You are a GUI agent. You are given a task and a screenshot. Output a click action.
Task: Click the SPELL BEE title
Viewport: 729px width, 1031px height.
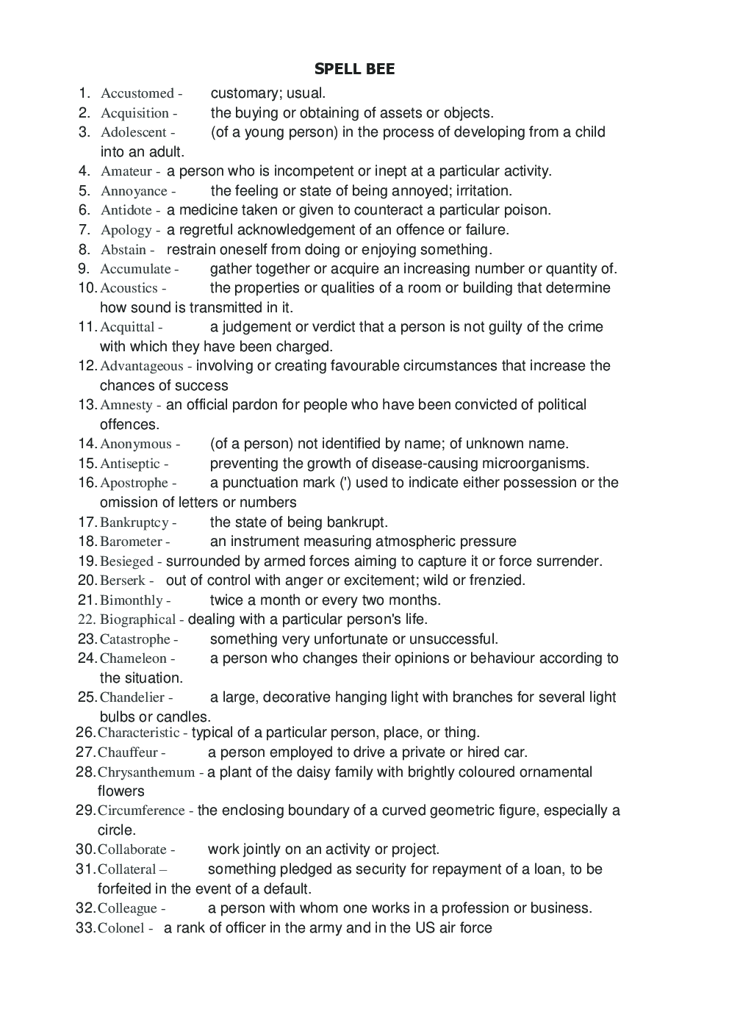pos(354,69)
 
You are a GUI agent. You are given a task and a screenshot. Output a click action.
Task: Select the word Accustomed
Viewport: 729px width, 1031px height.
pos(137,93)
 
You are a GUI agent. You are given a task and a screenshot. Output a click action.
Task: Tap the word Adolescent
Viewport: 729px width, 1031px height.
pos(133,132)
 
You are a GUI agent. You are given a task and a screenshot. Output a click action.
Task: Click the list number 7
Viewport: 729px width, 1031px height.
pos(84,229)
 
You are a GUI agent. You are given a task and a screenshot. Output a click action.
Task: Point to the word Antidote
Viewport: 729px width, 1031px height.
pos(126,210)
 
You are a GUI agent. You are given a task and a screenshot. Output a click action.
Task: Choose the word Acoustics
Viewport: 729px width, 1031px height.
pos(129,288)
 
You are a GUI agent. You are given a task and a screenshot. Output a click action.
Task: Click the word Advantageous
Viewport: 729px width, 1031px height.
pos(141,366)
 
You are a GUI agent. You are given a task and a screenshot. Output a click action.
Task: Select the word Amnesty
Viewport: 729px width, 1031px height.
pos(126,405)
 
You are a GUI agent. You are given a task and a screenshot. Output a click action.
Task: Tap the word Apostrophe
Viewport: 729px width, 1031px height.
pos(134,483)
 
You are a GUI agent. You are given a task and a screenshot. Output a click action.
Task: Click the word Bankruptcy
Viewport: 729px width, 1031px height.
pos(134,522)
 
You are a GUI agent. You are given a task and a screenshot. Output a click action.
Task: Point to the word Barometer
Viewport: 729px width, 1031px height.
pos(130,542)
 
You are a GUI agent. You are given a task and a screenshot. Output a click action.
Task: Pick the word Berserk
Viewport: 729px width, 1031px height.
pos(122,581)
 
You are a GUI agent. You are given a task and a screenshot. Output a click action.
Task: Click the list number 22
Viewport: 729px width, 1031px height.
pos(87,619)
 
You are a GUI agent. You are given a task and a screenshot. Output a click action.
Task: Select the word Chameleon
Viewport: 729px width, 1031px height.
pos(133,658)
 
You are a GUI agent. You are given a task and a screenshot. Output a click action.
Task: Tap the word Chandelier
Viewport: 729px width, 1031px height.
pos(132,697)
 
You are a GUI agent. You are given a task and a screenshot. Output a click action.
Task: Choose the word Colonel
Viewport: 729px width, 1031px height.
pos(121,928)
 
